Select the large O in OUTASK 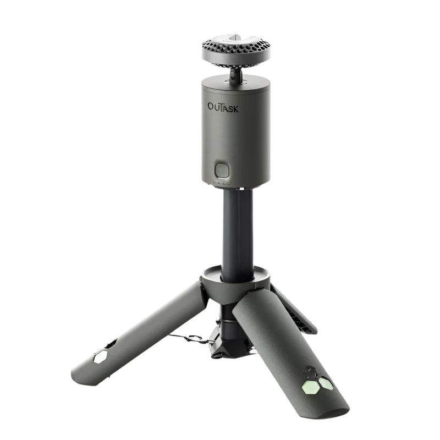click(211, 106)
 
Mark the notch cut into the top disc click(235, 38)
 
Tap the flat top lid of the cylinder click(235, 82)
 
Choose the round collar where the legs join click(235, 278)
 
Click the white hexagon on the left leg click(100, 356)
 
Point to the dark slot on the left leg click(112, 344)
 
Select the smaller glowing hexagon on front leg click(327, 383)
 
